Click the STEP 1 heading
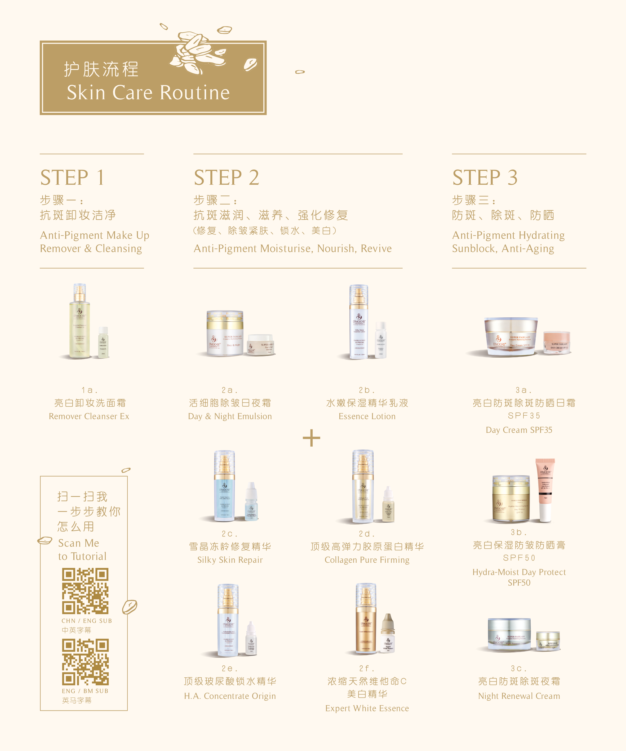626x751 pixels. [x=73, y=177]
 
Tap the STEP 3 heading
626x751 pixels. [x=485, y=177]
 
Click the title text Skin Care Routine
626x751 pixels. [x=148, y=93]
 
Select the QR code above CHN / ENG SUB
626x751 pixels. [x=85, y=591]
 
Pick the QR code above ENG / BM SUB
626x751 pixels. [x=85, y=662]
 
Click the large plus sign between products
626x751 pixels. [x=311, y=438]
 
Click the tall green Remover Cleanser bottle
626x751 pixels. [x=79, y=322]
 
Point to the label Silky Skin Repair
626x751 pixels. [x=230, y=560]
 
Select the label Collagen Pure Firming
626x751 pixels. [x=367, y=560]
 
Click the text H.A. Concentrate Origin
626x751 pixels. [x=230, y=696]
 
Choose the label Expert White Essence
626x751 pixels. [x=367, y=708]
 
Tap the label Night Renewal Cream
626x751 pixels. [x=519, y=696]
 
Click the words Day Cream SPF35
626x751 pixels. [x=519, y=430]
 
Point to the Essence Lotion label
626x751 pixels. [x=367, y=416]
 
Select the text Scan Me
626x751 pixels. [x=79, y=543]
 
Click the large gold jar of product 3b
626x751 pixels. [x=510, y=499]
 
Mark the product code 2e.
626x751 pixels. [x=229, y=668]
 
